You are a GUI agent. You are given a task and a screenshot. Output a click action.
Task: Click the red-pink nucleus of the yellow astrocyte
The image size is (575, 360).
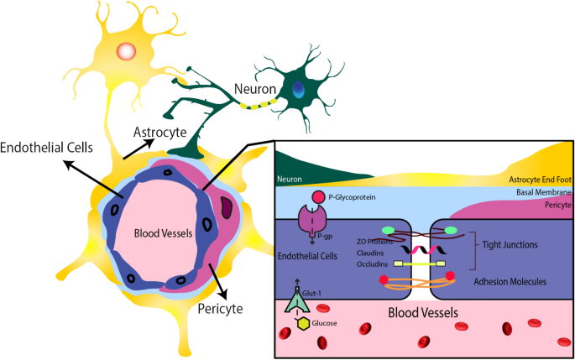125,51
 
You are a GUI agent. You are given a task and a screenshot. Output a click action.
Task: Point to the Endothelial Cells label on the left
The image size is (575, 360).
48,149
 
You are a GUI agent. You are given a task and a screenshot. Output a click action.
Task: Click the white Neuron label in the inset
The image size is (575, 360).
290,179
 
